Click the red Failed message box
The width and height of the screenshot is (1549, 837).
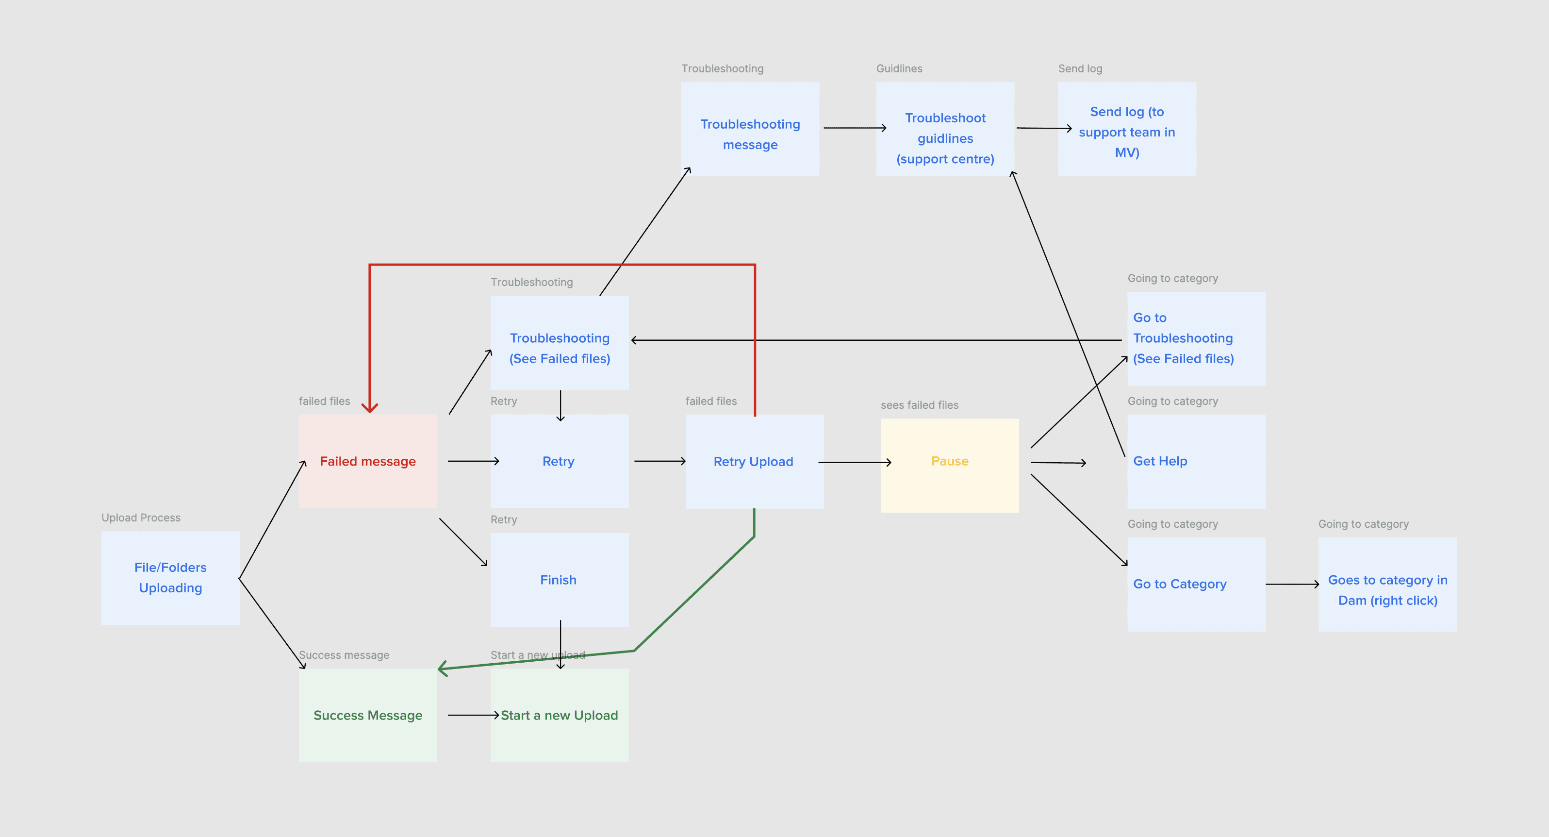tap(367, 461)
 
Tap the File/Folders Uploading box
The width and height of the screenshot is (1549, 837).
tap(170, 578)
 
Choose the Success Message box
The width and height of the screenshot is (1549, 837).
tap(367, 715)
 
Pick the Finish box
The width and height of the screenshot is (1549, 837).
tap(559, 580)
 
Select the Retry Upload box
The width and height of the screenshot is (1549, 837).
tap(754, 462)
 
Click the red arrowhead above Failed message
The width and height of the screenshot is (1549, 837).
tap(369, 407)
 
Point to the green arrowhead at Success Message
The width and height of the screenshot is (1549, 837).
tap(444, 669)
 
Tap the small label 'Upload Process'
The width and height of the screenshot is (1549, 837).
tap(141, 518)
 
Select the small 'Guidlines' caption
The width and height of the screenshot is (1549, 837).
tap(898, 68)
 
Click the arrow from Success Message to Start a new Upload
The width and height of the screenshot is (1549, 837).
tap(473, 715)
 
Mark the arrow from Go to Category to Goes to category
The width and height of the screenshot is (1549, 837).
tap(1292, 584)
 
